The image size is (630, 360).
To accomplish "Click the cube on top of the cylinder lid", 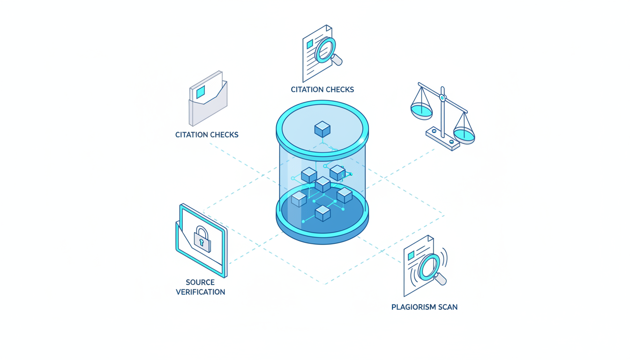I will click(322, 129).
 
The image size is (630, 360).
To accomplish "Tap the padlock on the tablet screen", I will click(202, 240).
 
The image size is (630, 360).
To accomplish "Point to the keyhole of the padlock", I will click(202, 243).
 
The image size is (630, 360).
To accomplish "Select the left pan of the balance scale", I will click(421, 111).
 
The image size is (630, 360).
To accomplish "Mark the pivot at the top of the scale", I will click(442, 98).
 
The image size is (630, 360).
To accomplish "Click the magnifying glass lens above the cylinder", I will click(326, 50).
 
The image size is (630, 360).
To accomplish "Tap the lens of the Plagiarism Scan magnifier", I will click(429, 267).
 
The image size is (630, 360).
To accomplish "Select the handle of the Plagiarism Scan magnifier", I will click(441, 280).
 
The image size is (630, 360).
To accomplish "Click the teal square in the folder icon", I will click(201, 92).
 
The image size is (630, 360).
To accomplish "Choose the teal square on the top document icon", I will click(309, 44).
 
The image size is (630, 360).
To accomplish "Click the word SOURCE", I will click(200, 282).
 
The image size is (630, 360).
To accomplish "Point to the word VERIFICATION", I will click(200, 292).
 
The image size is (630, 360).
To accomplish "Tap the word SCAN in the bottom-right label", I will click(446, 307).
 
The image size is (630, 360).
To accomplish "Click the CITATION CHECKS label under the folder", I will click(207, 135).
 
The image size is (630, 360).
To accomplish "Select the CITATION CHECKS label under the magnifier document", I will click(322, 90).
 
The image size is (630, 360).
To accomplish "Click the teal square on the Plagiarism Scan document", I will click(411, 255).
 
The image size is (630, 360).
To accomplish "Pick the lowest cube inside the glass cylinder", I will click(322, 213).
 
